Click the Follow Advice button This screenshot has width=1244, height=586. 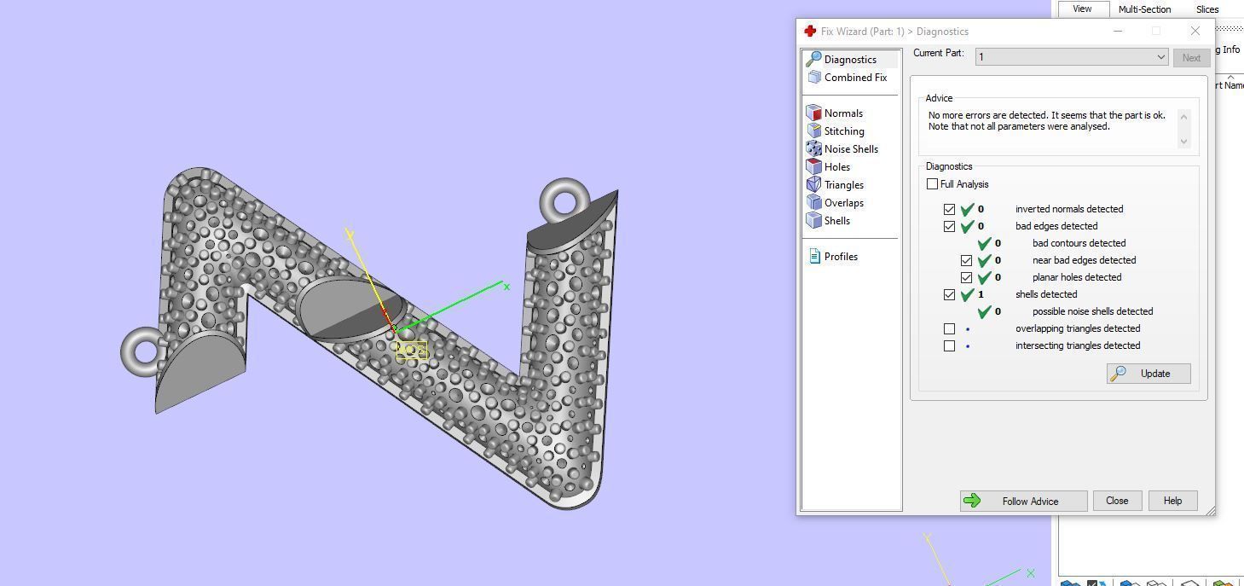tap(1023, 501)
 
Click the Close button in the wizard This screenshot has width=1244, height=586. tap(1116, 501)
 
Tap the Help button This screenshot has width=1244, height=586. tap(1172, 501)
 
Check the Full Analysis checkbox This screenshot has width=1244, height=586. tap(933, 184)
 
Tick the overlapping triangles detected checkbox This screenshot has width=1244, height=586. tap(949, 328)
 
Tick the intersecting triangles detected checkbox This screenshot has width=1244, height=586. tap(949, 345)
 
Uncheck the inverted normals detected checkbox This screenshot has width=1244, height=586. tap(949, 209)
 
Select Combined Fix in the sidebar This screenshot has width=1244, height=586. tap(854, 78)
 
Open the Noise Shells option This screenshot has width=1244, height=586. tap(850, 149)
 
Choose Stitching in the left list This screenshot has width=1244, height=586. tap(843, 131)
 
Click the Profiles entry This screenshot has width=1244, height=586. tap(840, 257)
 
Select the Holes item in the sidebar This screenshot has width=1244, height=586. tap(836, 167)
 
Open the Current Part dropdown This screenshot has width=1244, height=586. tap(1072, 57)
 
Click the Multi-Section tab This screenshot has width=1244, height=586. tap(1144, 9)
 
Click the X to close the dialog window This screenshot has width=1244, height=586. tap(1195, 31)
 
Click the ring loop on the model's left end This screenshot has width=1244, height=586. tap(140, 351)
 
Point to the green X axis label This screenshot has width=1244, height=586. tap(506, 287)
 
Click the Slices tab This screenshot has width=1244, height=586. tap(1207, 9)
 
